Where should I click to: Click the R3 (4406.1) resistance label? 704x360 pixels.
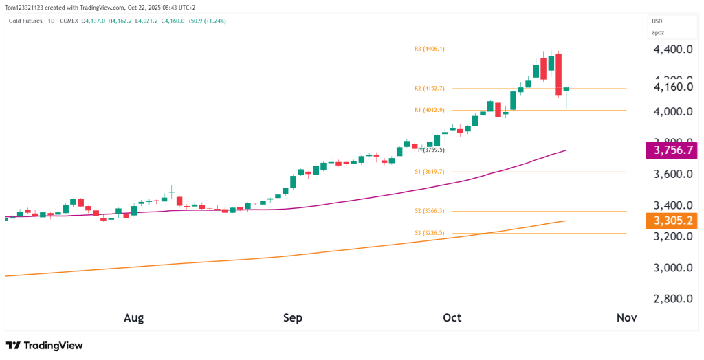click(429, 49)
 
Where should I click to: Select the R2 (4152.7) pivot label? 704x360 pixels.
click(429, 88)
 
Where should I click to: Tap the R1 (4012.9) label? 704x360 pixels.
click(429, 110)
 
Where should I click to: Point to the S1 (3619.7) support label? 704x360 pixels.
click(429, 172)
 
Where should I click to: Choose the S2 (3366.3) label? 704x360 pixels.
click(429, 212)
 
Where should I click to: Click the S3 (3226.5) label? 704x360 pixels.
click(429, 233)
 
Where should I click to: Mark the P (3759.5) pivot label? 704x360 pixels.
click(431, 150)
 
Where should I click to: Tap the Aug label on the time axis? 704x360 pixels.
click(133, 318)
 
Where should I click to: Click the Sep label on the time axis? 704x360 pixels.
click(293, 318)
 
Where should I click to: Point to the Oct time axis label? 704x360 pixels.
click(452, 318)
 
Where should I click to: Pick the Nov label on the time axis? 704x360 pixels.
click(626, 318)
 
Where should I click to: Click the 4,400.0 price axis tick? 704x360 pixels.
click(673, 49)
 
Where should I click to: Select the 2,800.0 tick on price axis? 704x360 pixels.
click(673, 299)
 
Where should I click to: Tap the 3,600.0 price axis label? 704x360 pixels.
click(673, 175)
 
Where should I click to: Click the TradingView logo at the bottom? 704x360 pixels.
click(44, 346)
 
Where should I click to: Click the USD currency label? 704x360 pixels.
click(657, 21)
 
